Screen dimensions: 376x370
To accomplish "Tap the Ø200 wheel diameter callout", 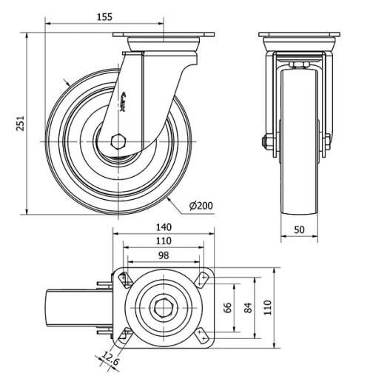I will pos(201,205).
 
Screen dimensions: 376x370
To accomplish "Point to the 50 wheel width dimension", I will pos(300,230).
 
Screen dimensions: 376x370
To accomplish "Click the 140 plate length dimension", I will pos(164,227).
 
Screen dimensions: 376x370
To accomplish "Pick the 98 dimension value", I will pos(163,255).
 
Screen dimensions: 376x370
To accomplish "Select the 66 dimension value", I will pos(228,306).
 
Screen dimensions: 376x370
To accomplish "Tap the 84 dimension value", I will pos(248,306).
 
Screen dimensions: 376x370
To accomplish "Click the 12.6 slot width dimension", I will pos(110,360).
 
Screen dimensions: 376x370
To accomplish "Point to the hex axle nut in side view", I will pos(119,140).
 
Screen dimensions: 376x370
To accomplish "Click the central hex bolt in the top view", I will pos(163,306).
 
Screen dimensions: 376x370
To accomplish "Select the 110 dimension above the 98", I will pos(164,241).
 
